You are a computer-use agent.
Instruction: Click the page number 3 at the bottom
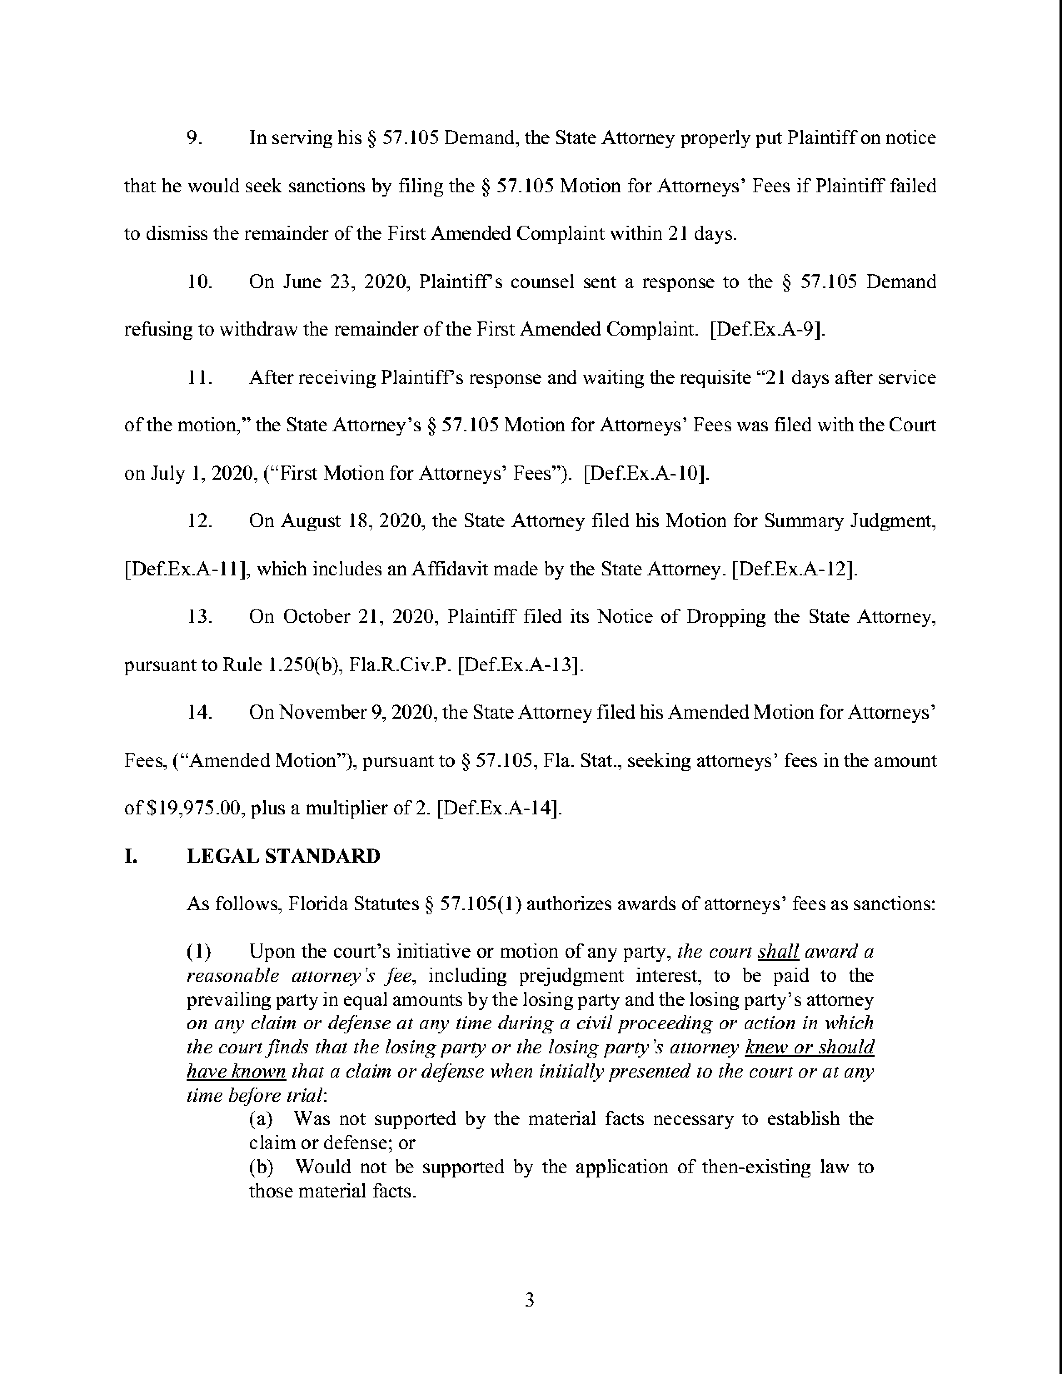tap(530, 1299)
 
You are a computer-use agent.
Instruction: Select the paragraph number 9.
tap(194, 138)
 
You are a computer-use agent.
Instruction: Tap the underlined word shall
tap(778, 951)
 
